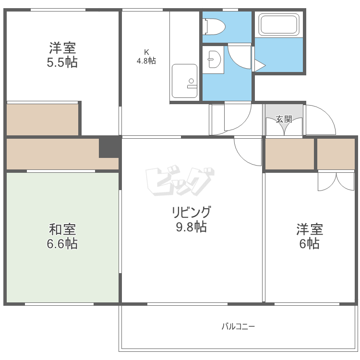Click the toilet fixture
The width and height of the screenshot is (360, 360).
214,26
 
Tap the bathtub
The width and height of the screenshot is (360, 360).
279,24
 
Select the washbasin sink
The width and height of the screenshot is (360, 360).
213,60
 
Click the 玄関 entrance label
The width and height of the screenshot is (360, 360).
284,119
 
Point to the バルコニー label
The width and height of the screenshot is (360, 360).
238,327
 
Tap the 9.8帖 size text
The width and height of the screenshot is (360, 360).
191,227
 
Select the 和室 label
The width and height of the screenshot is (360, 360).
62,229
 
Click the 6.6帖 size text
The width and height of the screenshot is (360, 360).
62,244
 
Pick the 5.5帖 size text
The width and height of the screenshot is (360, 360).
62,62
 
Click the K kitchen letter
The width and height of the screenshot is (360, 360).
146,52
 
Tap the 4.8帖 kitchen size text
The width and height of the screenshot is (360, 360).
146,60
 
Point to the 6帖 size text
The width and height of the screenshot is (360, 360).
310,244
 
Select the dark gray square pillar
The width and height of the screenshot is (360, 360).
109,147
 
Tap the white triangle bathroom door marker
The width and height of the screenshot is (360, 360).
258,66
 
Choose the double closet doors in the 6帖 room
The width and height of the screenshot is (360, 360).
336,180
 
